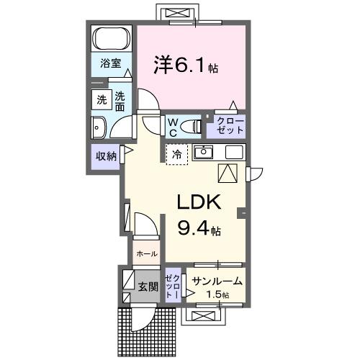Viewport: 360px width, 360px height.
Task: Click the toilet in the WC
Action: tap(191, 127)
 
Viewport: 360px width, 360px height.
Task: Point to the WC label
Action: tap(174, 127)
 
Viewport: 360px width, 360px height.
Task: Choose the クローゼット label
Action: tap(226, 126)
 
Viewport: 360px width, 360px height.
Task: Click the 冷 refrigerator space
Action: tap(177, 153)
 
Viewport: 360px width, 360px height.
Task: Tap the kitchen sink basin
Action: tap(204, 153)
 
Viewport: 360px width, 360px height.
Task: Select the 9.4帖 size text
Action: tap(199, 229)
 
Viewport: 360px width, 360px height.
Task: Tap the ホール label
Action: tap(146, 254)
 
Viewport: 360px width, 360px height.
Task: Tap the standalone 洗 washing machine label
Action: tap(99, 101)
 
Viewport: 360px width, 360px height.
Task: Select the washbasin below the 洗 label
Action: tap(99, 127)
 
